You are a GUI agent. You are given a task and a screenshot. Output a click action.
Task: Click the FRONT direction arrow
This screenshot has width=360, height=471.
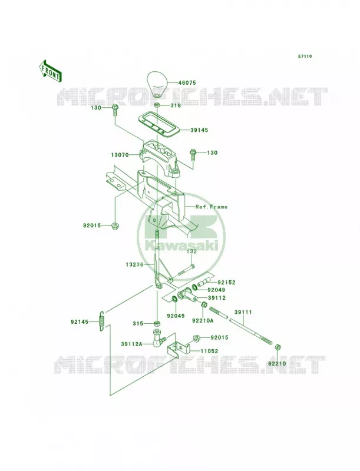50,71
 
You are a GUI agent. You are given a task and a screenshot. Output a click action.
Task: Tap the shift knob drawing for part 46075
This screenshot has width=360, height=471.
157,84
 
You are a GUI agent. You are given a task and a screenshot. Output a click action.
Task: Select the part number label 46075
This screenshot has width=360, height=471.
187,82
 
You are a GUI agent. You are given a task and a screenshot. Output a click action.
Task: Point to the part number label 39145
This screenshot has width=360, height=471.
199,130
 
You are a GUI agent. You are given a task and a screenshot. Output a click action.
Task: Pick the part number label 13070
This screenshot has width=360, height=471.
120,155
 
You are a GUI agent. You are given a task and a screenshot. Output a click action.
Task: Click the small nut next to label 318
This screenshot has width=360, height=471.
157,105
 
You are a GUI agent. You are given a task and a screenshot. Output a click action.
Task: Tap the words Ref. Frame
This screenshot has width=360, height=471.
212,207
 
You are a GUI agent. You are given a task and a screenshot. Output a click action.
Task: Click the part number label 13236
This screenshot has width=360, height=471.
135,264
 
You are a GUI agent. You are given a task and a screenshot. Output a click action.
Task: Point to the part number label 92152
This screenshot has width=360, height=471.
227,283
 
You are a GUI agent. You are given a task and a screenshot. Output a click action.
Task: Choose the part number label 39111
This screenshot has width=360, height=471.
243,313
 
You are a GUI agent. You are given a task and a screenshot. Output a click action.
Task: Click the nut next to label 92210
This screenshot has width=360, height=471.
278,348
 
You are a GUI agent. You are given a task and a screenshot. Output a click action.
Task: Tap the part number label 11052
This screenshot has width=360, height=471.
209,351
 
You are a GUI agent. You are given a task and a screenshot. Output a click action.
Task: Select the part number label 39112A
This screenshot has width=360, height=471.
131,344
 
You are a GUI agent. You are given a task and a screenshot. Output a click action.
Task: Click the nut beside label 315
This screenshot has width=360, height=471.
156,323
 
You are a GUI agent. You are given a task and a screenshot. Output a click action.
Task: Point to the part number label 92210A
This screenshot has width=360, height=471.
203,320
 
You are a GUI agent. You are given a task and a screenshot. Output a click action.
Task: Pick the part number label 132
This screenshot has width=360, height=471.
192,251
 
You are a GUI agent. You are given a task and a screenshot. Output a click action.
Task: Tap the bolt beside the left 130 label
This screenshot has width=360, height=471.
115,111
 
